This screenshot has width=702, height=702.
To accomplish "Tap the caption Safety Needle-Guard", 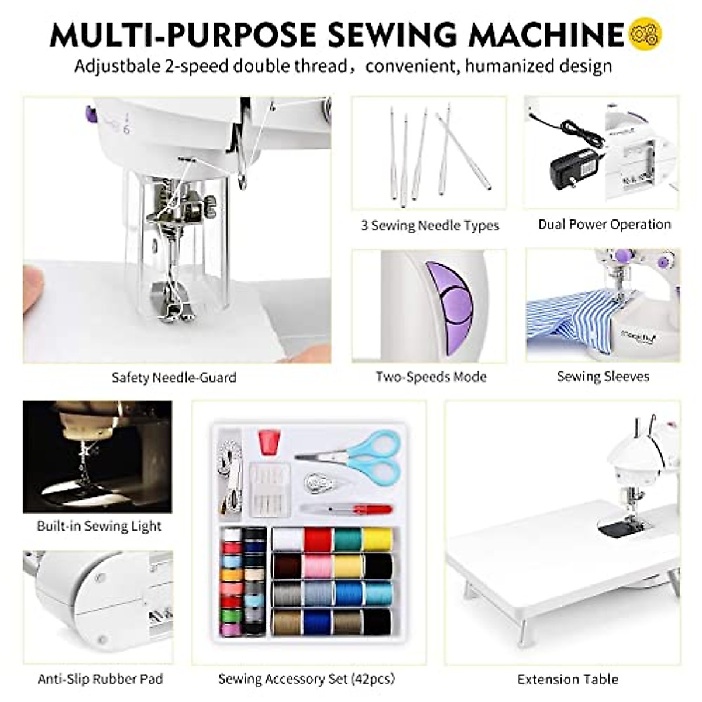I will click(x=174, y=377).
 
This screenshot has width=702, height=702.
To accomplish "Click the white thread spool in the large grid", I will click(x=287, y=539).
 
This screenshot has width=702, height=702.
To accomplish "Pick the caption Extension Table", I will click(x=567, y=679).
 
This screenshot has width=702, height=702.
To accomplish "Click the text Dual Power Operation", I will click(x=604, y=225).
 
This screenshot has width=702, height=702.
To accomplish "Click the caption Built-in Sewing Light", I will click(x=99, y=526).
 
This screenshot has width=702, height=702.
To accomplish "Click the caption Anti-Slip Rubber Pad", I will click(x=100, y=679).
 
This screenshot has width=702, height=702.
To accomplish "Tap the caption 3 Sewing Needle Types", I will click(x=430, y=225).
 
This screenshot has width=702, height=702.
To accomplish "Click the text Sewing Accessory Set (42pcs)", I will click(x=307, y=679).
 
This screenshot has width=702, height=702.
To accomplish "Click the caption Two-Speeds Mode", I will click(x=431, y=377).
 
